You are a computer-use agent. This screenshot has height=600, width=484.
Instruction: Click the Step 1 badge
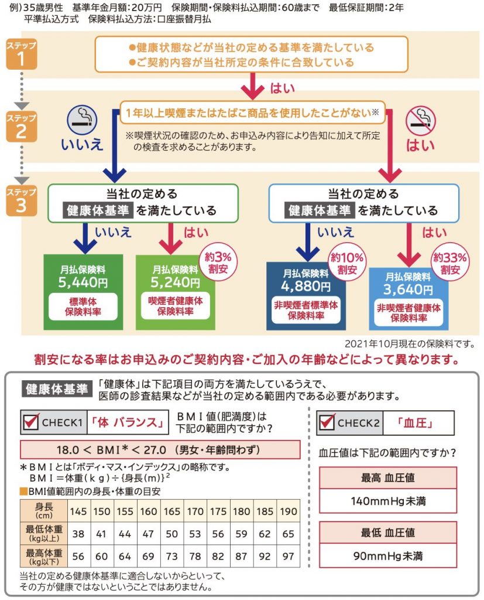click(21, 54)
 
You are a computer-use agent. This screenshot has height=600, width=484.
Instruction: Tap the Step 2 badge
click(21, 125)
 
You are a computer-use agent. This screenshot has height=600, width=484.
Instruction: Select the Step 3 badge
click(21, 200)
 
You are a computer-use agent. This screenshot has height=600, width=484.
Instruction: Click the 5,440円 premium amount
click(83, 283)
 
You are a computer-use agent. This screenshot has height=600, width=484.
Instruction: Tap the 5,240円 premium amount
click(175, 282)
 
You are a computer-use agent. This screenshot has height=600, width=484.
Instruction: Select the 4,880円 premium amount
click(305, 286)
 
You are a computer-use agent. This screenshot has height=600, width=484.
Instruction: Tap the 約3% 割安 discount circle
click(215, 261)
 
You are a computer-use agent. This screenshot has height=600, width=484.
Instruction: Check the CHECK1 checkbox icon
click(32, 422)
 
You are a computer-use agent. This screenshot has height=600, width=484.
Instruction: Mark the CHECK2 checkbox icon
click(328, 422)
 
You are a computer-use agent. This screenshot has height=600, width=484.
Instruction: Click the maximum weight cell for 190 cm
click(288, 555)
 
